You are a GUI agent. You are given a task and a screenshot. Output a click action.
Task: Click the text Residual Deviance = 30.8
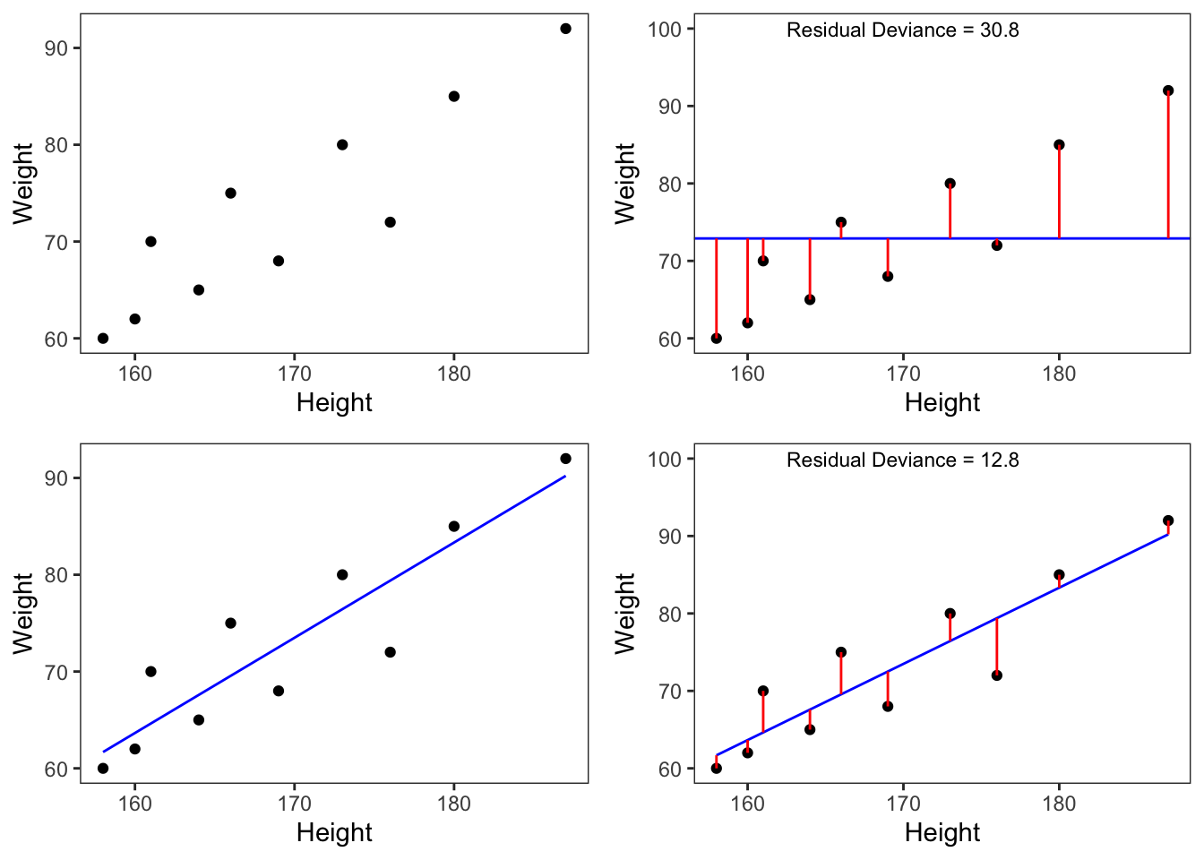pyautogui.click(x=902, y=30)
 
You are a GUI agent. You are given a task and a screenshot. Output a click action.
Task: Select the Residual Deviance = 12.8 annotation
pyautogui.click(x=902, y=460)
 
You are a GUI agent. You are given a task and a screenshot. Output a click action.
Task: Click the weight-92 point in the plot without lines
pyautogui.click(x=565, y=29)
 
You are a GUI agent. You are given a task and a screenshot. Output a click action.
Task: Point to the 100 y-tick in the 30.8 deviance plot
pyautogui.click(x=665, y=30)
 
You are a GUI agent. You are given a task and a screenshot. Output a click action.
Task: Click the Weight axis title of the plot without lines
pyautogui.click(x=23, y=183)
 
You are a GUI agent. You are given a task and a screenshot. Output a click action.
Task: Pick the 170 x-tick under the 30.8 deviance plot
pyautogui.click(x=903, y=374)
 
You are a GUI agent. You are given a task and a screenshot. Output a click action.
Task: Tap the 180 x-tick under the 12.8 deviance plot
pyautogui.click(x=1059, y=804)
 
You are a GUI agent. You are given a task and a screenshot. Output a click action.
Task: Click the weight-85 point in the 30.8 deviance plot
pyautogui.click(x=1059, y=145)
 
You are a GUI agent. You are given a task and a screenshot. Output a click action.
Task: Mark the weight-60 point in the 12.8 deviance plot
pyautogui.click(x=716, y=769)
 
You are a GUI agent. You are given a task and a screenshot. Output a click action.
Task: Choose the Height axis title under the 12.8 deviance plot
pyautogui.click(x=942, y=833)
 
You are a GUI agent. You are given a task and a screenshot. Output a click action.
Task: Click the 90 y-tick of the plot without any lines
pyautogui.click(x=56, y=48)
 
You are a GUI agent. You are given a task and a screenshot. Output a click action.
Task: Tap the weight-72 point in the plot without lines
pyautogui.click(x=390, y=222)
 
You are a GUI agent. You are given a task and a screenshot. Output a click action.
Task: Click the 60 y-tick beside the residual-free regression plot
pyautogui.click(x=56, y=770)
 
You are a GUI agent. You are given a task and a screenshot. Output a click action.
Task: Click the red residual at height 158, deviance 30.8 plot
pyautogui.click(x=716, y=287)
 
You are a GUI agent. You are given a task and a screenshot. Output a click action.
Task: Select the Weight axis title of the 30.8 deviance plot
pyautogui.click(x=625, y=183)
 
